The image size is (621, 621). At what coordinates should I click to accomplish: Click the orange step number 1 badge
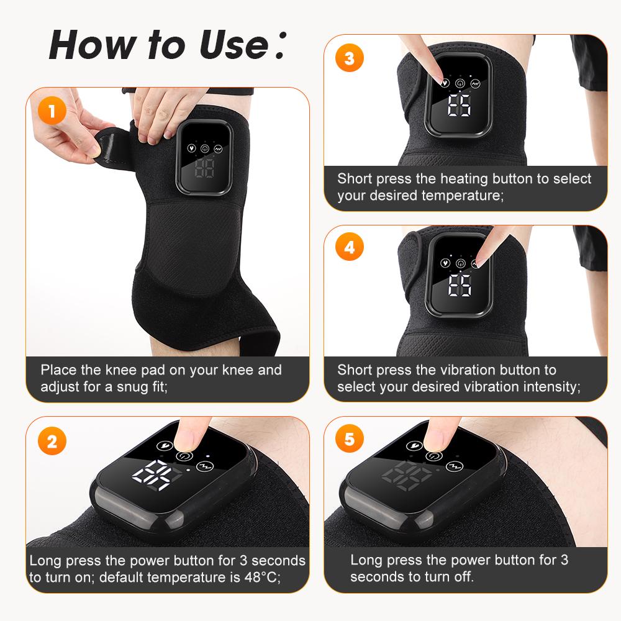53,112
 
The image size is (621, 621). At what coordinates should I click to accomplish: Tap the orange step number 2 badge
53,442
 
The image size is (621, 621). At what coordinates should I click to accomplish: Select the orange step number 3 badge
350,58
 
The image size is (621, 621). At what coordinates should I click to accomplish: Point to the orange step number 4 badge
350,247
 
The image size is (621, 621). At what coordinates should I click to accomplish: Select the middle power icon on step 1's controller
204,149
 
